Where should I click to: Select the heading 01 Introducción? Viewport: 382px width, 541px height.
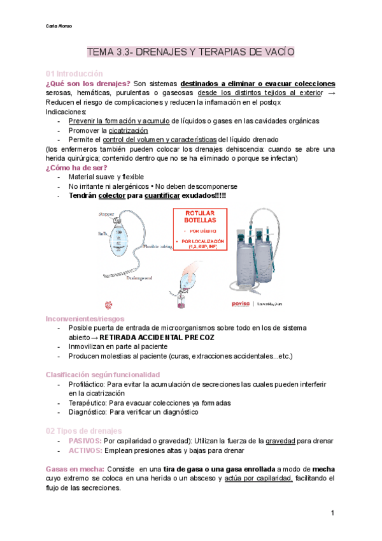tap(74, 73)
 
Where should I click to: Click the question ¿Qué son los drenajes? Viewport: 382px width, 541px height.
tap(88, 84)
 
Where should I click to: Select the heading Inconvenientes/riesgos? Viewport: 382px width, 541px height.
tap(85, 318)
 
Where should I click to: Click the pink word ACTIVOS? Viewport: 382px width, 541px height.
tap(84, 450)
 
